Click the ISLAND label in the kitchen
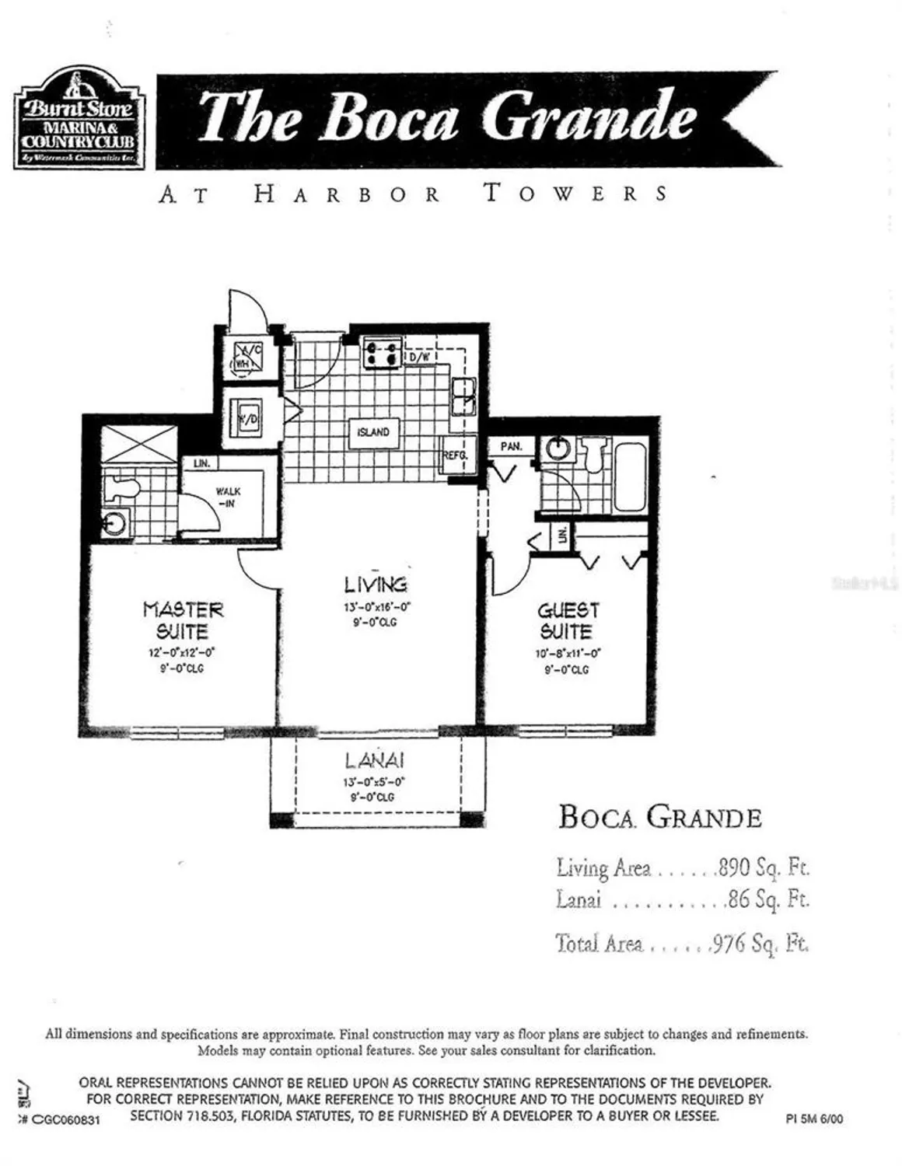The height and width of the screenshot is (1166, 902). pos(373,432)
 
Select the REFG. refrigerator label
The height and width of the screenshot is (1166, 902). pos(453,456)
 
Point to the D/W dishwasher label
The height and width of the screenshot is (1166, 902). pos(420,357)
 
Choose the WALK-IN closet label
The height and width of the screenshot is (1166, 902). pos(229,497)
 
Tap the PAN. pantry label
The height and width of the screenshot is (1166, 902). pos(510,447)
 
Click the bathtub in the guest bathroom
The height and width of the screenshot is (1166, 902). pos(629,476)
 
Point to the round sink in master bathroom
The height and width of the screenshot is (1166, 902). pos(115,523)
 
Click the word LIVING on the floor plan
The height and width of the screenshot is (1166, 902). pos(376,584)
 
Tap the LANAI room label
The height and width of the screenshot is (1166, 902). pos(374,761)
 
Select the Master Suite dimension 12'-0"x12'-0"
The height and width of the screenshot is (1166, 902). pos(182,653)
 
